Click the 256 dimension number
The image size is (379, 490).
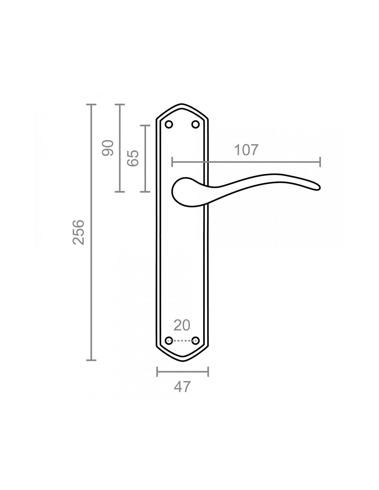click(79, 233)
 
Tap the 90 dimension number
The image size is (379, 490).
click(107, 148)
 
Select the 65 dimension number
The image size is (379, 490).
click(133, 158)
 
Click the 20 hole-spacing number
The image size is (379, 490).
click(182, 325)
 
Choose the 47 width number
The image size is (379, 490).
click(182, 387)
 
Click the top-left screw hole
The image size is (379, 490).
click(169, 124)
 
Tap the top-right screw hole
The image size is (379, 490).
click(195, 124)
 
